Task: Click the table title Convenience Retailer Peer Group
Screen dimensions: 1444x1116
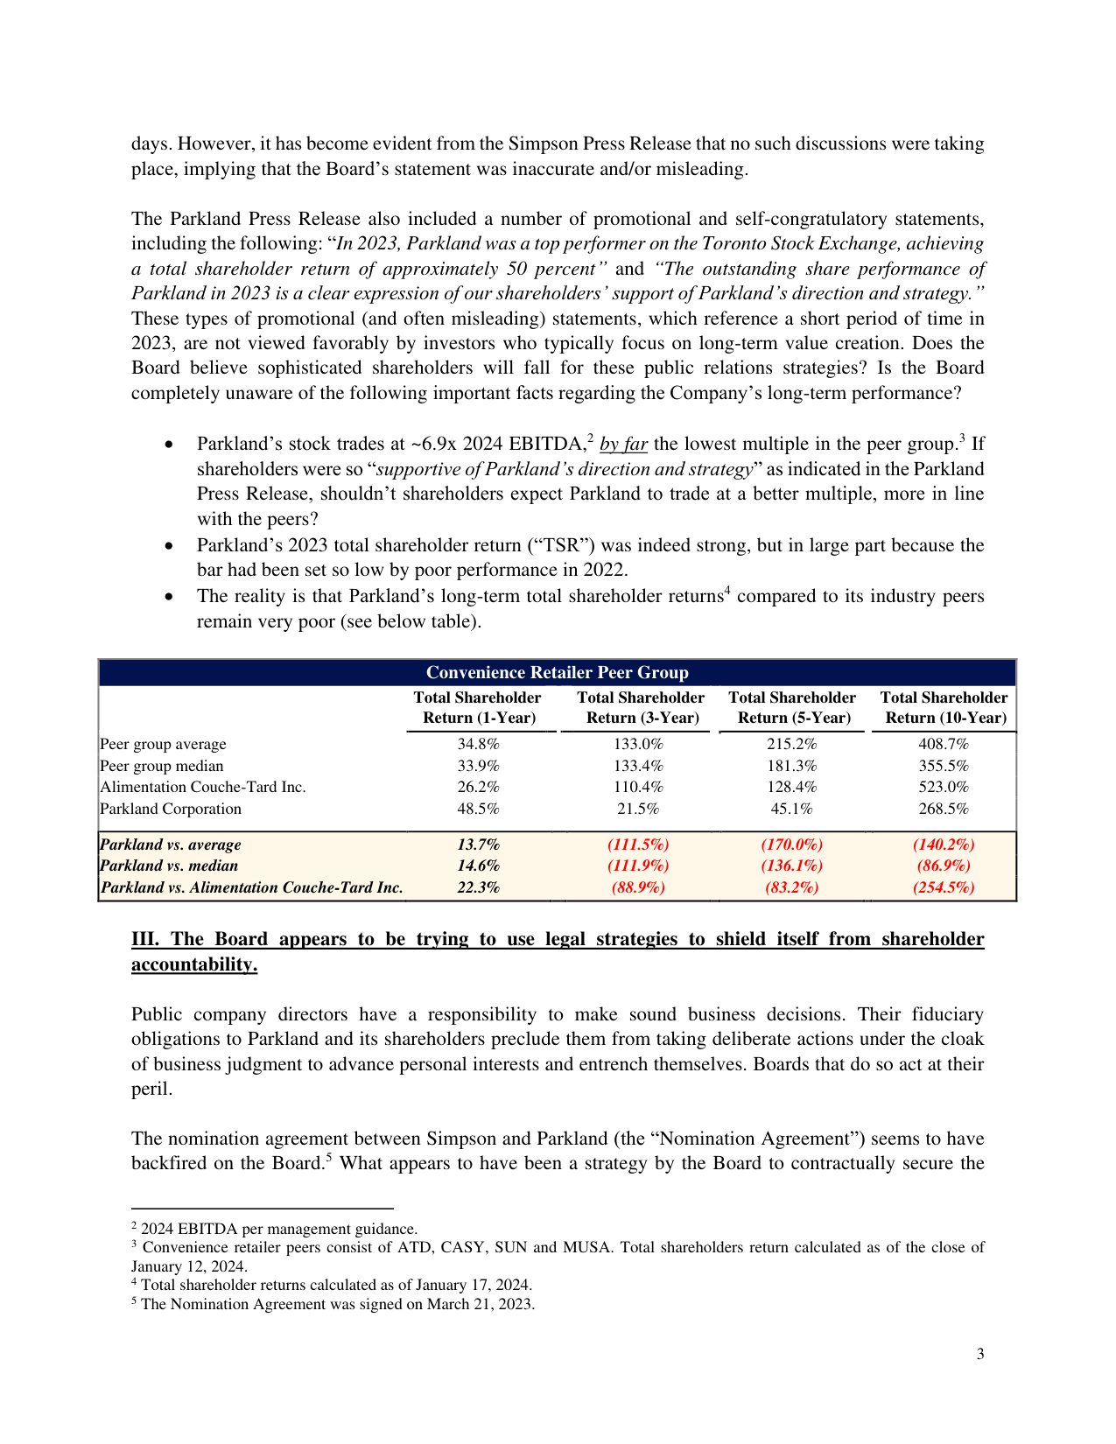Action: click(557, 672)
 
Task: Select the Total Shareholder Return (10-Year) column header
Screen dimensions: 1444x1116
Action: click(944, 707)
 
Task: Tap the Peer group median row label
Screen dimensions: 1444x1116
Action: click(161, 766)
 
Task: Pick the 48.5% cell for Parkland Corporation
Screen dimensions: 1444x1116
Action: click(478, 809)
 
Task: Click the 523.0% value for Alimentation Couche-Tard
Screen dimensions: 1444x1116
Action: click(944, 787)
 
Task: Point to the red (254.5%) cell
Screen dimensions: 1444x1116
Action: click(944, 887)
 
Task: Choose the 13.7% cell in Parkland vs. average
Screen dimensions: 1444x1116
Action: click(478, 845)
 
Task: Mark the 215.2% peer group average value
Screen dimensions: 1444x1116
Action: click(792, 744)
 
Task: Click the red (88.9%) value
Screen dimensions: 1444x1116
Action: click(638, 887)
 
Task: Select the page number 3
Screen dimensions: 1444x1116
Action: click(980, 1354)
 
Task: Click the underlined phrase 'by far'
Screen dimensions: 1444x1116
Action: click(623, 445)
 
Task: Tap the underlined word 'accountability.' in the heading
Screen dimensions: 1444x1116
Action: click(194, 964)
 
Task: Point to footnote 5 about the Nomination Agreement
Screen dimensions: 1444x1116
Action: click(333, 1304)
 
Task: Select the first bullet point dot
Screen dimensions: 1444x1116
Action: click(169, 445)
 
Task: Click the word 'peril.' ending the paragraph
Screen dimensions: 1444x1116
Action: click(151, 1090)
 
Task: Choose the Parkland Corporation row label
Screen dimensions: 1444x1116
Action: click(170, 809)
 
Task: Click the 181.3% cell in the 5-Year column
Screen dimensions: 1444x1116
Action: click(792, 766)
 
